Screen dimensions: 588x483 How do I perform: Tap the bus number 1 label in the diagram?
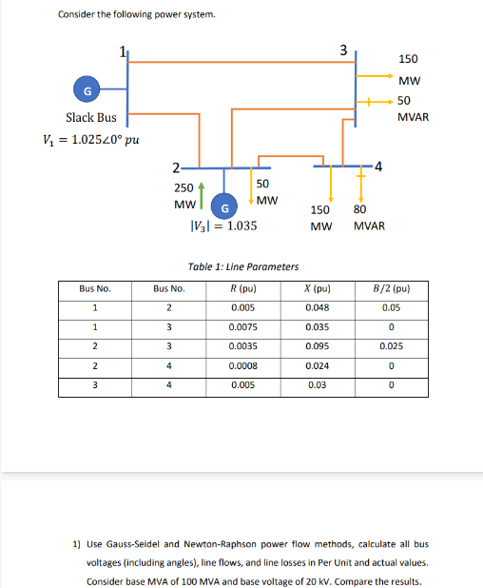(x=122, y=51)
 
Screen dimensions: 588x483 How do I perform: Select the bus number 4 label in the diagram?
(x=378, y=167)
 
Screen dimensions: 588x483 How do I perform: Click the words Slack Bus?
(x=91, y=118)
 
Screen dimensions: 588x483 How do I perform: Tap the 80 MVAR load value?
(x=367, y=218)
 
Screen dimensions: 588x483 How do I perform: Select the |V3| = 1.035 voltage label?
(x=224, y=227)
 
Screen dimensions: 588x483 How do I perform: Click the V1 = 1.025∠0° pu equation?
(x=92, y=142)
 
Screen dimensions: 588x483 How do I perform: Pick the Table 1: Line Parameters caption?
(x=243, y=267)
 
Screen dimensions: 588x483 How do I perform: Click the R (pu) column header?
(x=242, y=287)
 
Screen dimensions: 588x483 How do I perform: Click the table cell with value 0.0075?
(x=242, y=327)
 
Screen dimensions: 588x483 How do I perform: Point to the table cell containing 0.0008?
(x=242, y=366)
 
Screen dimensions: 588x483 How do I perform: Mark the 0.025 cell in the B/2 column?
(x=390, y=347)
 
